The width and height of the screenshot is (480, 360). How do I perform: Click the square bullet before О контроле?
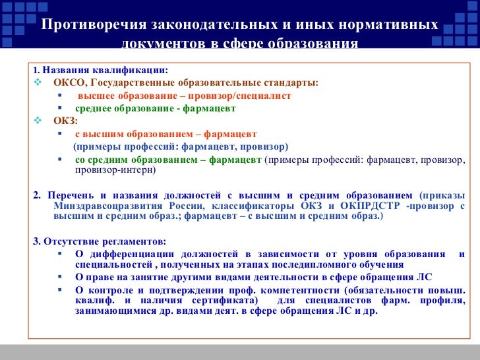59,291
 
